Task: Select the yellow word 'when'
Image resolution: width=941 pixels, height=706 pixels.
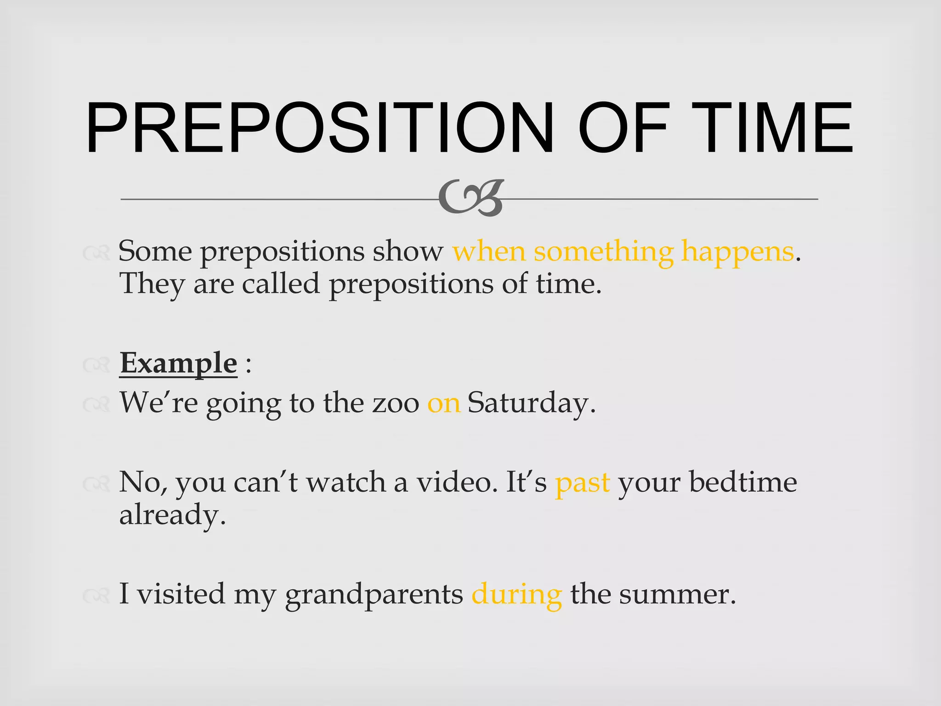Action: point(489,251)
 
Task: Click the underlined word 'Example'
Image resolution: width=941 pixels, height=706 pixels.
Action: point(178,363)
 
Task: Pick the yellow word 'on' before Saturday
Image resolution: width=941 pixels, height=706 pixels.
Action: point(443,403)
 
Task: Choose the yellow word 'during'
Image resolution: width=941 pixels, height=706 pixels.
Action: point(516,595)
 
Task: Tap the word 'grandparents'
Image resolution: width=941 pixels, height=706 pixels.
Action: point(374,595)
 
